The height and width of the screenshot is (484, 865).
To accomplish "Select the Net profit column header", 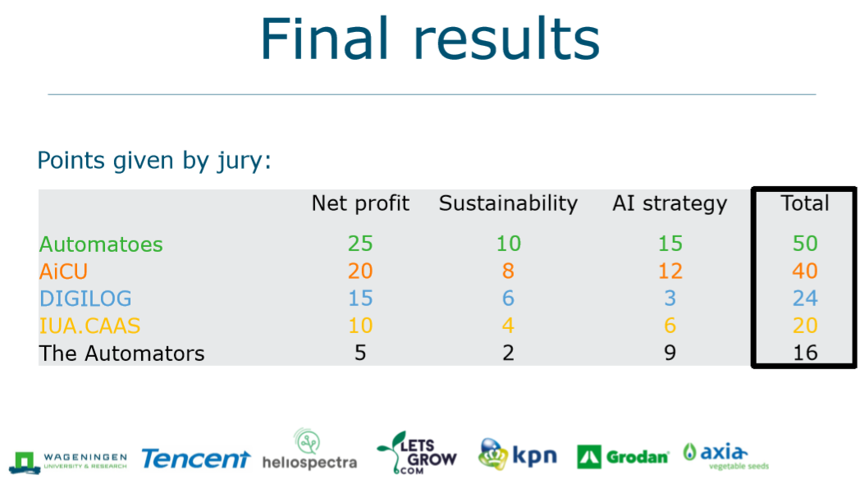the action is (x=360, y=203).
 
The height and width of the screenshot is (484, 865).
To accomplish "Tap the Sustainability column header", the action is (x=508, y=203).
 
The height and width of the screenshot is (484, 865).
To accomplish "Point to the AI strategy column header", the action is (x=670, y=204).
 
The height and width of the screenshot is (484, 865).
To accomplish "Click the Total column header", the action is (x=805, y=203).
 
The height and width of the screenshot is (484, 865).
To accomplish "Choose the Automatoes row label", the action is (x=101, y=244).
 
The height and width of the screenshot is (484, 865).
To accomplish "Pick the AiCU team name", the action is (x=63, y=272).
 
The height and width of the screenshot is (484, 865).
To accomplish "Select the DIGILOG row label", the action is (x=85, y=299).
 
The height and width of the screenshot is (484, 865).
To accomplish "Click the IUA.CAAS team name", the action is (x=89, y=326).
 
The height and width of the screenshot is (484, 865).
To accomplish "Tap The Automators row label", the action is (x=122, y=354).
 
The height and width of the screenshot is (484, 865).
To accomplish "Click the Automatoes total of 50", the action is (x=805, y=244).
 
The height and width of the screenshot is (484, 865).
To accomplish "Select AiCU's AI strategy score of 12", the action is (x=670, y=272).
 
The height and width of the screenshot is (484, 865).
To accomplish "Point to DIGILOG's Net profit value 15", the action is (x=360, y=299).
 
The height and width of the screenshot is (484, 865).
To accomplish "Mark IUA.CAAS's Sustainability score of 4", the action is (x=508, y=326).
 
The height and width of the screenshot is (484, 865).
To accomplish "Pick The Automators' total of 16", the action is (x=805, y=353).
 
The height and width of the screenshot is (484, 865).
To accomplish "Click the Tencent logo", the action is (x=196, y=459).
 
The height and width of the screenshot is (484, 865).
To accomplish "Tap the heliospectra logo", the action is (x=309, y=450).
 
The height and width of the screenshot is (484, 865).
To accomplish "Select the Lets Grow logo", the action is (x=417, y=453).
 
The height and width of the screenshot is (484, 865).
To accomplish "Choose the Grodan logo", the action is (x=623, y=456).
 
